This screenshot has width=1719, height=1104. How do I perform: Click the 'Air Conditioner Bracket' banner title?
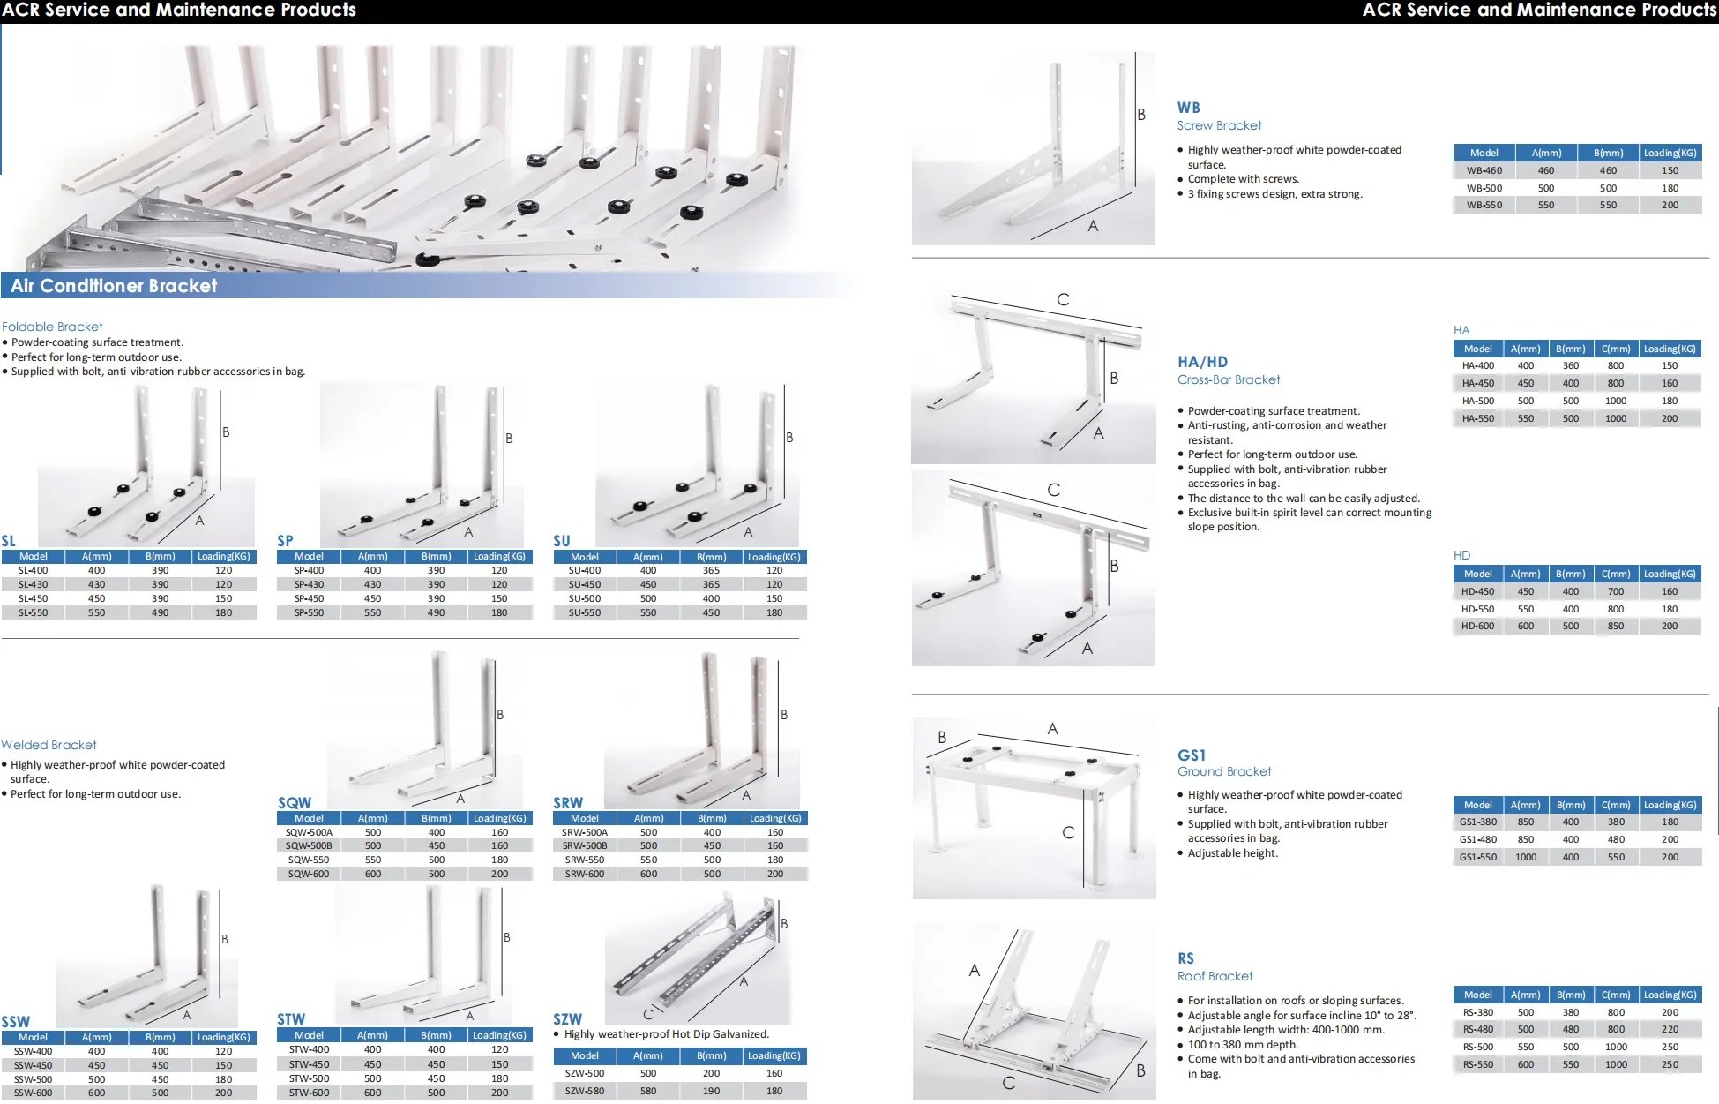point(114,286)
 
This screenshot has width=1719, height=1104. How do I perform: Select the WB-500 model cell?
point(1484,188)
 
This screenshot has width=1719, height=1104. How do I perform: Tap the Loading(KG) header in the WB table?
point(1669,153)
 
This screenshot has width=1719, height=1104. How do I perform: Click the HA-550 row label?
point(1477,418)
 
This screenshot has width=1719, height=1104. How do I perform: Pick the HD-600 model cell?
point(1477,626)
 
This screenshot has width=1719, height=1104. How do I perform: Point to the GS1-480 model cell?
point(1477,839)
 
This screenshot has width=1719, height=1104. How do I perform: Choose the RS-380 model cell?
point(1477,1012)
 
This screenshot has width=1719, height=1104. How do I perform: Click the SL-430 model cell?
point(34,584)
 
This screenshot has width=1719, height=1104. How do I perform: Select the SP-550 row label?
point(309,612)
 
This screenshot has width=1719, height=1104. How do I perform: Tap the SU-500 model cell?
point(584,598)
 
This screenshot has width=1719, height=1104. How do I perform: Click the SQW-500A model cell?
point(309,832)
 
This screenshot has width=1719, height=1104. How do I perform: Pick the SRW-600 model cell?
point(584,874)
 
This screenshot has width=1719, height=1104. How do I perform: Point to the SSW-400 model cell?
point(34,1051)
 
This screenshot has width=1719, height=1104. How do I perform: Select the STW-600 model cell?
point(309,1093)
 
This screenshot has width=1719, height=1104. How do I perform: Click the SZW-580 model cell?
point(584,1091)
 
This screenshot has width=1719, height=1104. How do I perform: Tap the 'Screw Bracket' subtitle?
point(1219,125)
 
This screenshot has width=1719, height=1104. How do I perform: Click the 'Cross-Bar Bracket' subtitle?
point(1229,379)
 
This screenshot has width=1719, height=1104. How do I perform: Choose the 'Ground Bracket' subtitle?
point(1224,771)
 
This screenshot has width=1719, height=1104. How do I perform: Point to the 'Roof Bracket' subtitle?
point(1215,976)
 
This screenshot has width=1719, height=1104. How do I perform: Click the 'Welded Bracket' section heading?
point(49,745)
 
